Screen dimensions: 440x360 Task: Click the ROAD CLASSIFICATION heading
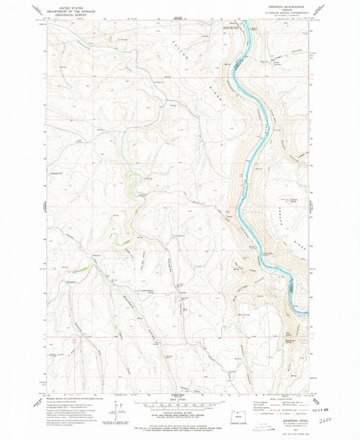pyautogui.click(x=284, y=397)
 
